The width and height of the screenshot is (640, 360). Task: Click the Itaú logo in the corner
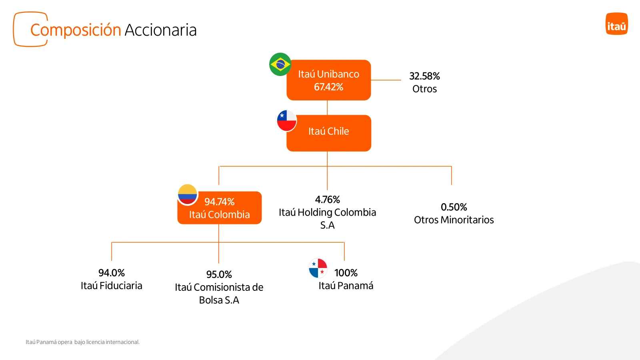pyautogui.click(x=616, y=24)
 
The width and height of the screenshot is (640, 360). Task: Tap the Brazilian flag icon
pyautogui.click(x=280, y=64)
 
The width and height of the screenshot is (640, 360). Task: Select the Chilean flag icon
pyautogui.click(x=286, y=121)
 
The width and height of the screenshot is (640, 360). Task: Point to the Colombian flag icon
pyautogui.click(x=188, y=194)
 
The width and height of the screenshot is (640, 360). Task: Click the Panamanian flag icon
pyautogui.click(x=318, y=268)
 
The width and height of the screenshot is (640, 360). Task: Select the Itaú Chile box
pyautogui.click(x=329, y=133)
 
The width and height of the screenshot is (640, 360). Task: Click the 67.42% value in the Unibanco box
pyautogui.click(x=328, y=87)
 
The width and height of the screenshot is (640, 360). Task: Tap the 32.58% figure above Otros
pyautogui.click(x=424, y=76)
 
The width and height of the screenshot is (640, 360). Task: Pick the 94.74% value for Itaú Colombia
pyautogui.click(x=220, y=202)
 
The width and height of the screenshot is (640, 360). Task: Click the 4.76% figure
pyautogui.click(x=328, y=200)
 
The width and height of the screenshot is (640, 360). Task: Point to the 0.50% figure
pyautogui.click(x=454, y=207)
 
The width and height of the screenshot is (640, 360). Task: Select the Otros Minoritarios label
pyautogui.click(x=454, y=220)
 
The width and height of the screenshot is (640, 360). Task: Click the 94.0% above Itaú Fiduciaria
pyautogui.click(x=112, y=273)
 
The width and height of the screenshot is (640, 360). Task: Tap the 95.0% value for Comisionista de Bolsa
pyautogui.click(x=219, y=274)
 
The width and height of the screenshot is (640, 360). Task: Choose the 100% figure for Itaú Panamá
pyautogui.click(x=346, y=273)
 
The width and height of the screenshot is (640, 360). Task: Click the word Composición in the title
pyautogui.click(x=76, y=30)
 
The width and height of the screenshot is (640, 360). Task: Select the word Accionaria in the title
pyautogui.click(x=160, y=30)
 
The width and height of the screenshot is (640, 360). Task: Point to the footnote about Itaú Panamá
pyautogui.click(x=82, y=342)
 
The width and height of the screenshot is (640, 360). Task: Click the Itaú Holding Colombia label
pyautogui.click(x=328, y=218)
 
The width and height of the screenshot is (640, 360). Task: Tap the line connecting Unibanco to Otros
pyautogui.click(x=386, y=80)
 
